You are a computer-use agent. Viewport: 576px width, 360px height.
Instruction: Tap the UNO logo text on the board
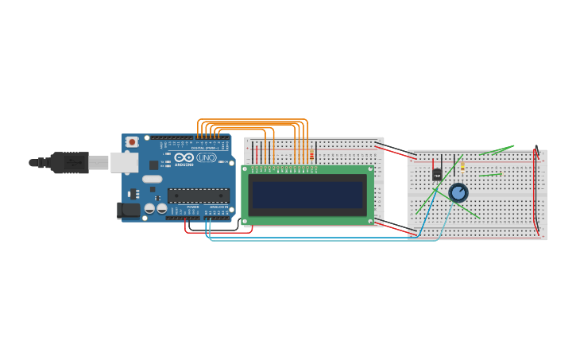(x=207, y=158)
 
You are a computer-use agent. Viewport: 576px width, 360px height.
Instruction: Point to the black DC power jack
(x=126, y=211)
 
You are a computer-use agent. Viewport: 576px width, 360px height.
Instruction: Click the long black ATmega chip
(x=198, y=195)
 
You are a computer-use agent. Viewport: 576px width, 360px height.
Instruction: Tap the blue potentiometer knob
(x=458, y=192)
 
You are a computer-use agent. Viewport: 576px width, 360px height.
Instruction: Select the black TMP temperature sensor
(x=437, y=173)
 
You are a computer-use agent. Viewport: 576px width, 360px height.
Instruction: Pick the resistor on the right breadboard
(x=462, y=167)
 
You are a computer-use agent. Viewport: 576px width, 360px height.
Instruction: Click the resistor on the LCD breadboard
(x=311, y=155)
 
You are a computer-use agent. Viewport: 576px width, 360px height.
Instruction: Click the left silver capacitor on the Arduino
(x=149, y=209)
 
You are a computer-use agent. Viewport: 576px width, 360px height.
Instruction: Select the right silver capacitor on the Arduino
(x=161, y=209)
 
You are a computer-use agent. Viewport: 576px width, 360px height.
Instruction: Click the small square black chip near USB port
(x=153, y=165)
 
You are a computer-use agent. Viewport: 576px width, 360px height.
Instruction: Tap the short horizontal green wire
(x=490, y=174)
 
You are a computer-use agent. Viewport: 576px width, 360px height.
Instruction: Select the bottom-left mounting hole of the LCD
(x=246, y=220)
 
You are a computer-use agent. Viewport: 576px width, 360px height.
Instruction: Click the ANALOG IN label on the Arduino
(x=220, y=207)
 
